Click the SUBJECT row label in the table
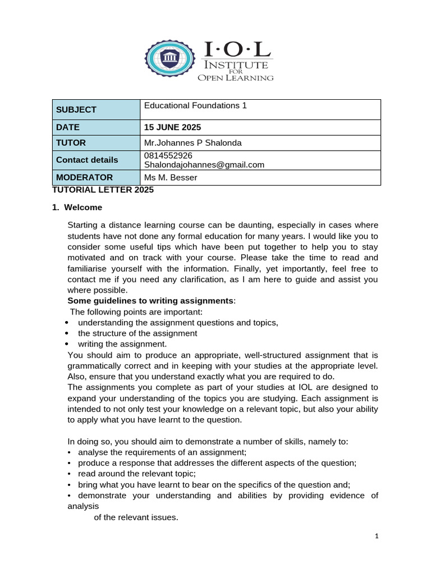pos(76,110)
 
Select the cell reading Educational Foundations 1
pos(195,105)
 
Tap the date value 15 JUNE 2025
pos(172,127)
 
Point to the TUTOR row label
pos(71,143)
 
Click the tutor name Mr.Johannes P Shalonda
pos(192,143)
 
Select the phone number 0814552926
pos(168,155)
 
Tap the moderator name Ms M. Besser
pos(171,178)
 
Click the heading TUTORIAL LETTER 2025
pos(103,190)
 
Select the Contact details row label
pos(87,160)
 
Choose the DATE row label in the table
pos(68,127)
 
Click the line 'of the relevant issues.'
pos(136,517)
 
